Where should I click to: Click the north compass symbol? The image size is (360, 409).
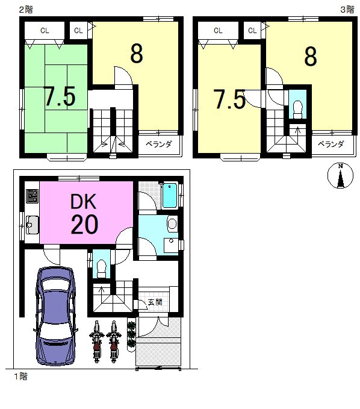coord(340,175)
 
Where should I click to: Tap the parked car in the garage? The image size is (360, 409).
coord(55,316)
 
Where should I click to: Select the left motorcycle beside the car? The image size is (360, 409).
coord(96,341)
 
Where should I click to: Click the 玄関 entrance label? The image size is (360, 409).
coord(155,302)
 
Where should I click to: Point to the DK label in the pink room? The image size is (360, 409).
coord(84,201)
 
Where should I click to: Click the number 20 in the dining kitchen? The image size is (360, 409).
coord(84,224)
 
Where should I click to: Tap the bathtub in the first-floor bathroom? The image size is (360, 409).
coord(170,195)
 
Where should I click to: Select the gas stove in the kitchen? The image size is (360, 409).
coord(33,196)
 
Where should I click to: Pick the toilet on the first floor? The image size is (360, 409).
coord(101,268)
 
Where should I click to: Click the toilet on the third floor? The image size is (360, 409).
coord(298,110)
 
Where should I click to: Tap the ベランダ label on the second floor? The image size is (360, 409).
coord(158,144)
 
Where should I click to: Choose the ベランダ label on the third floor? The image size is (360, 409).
coord(331,144)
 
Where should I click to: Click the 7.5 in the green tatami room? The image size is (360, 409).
coord(60,96)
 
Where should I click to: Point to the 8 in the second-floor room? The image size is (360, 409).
coord(137,54)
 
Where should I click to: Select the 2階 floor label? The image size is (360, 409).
coord(26,10)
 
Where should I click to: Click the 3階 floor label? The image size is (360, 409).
coord(347,10)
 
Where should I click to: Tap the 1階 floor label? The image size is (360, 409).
coord(20,376)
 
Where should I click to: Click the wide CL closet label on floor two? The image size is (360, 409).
coord(45,31)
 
